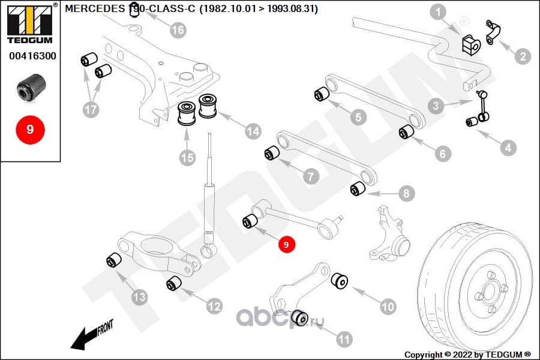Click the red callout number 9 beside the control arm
[286, 244]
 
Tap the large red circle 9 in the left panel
[29, 128]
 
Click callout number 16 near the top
[178, 29]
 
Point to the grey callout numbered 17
[91, 110]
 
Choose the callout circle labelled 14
[252, 130]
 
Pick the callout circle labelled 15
[187, 158]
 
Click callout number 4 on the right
[508, 147]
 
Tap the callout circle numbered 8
[406, 193]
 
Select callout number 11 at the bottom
[344, 340]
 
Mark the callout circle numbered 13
[139, 296]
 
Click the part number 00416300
[32, 57]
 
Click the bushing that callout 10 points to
[340, 280]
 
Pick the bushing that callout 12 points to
[173, 282]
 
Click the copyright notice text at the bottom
[467, 354]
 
